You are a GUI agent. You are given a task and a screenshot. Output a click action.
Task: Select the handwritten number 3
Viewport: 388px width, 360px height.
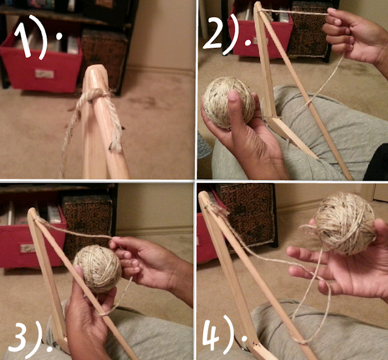point(18,335)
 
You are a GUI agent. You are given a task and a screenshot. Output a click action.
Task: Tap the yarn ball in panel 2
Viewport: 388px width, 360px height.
point(229,102)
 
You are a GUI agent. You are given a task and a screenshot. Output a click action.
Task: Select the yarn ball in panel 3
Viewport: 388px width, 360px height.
point(98,268)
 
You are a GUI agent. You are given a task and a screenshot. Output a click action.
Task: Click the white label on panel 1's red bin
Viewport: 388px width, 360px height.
point(44,74)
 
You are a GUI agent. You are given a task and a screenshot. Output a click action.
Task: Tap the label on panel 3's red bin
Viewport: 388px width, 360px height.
point(28,248)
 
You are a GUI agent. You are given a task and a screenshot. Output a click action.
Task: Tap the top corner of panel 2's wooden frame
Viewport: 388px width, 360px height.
point(256,4)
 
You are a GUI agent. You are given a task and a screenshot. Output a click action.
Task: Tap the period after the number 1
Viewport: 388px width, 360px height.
point(59,36)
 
